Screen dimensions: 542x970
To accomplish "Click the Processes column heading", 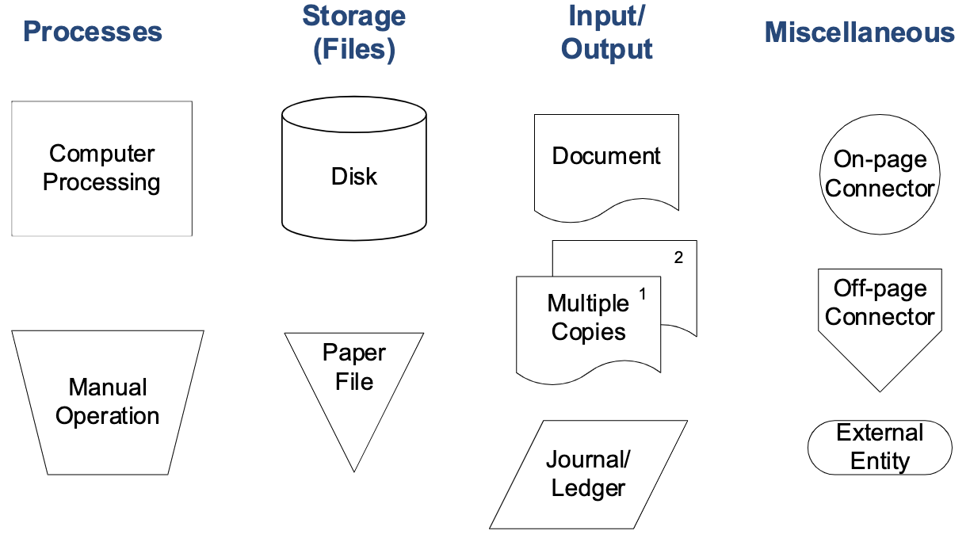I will click(x=93, y=32).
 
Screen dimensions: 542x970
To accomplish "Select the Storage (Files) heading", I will click(x=354, y=32).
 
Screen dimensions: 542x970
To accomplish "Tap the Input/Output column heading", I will click(x=606, y=32).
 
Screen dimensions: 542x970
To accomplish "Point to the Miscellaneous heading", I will click(x=860, y=32).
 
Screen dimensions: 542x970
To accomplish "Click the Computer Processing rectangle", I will click(x=101, y=168).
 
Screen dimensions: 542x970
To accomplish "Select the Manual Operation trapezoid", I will click(x=108, y=402).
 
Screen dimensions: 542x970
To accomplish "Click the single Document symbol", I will click(x=606, y=162).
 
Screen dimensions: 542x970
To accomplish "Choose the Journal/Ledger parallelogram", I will click(x=588, y=474).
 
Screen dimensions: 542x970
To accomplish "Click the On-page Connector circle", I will click(x=880, y=174).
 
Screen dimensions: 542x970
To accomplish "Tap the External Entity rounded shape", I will click(x=880, y=447).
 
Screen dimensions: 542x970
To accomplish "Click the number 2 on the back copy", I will click(x=678, y=258).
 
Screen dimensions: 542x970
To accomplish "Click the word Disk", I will click(x=354, y=176).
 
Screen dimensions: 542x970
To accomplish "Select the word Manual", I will click(x=108, y=387).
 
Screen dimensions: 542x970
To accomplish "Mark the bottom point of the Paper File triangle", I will click(x=354, y=471).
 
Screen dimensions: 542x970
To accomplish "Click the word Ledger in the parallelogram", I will click(x=588, y=488).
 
